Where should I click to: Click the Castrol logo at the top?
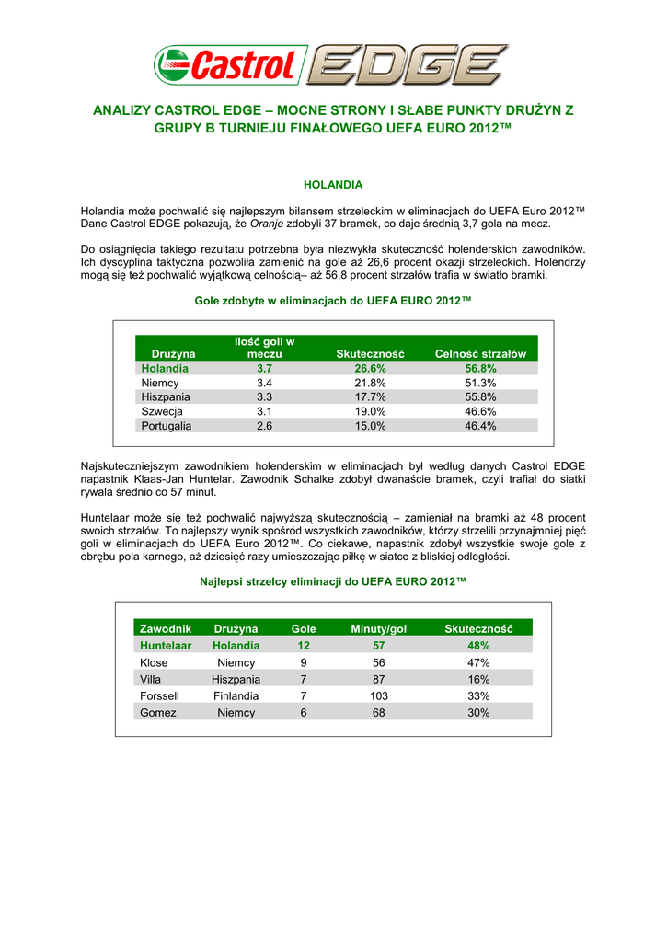(228, 65)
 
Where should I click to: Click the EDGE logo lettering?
(407, 65)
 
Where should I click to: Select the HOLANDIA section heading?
(333, 185)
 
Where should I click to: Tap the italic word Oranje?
(302, 224)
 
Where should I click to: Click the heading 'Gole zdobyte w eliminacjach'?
(333, 300)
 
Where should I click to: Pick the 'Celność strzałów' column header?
(480, 354)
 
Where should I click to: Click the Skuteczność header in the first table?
(371, 354)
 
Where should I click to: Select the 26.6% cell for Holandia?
(371, 368)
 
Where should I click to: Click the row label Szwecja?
(162, 411)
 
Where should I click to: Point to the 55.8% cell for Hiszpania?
(480, 396)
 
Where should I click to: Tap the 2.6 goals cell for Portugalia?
(264, 426)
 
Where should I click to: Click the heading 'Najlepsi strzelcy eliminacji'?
(333, 582)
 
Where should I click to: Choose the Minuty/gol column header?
(379, 628)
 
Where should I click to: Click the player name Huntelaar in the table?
(166, 646)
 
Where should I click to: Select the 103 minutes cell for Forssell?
(379, 696)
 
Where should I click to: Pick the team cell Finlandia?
(236, 696)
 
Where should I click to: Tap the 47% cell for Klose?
(478, 662)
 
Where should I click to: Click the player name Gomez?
(158, 713)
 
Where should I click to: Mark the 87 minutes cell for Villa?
(379, 679)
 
